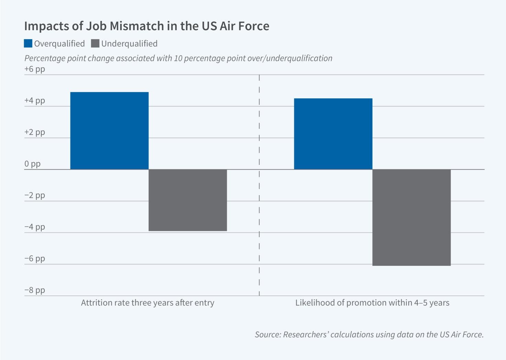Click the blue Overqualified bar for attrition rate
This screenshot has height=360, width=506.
click(x=109, y=131)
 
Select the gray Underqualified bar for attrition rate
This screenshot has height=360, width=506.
click(x=188, y=200)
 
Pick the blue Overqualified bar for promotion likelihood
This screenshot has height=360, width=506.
click(x=333, y=134)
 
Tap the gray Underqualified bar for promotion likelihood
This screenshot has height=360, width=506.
click(x=411, y=217)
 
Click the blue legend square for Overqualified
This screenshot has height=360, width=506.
click(x=28, y=44)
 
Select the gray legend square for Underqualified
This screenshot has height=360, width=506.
click(x=95, y=44)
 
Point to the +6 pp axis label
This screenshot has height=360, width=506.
click(x=35, y=69)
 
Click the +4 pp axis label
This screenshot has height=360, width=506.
click(x=35, y=101)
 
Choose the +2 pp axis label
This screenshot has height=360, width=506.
click(x=35, y=132)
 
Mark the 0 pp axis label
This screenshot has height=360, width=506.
click(x=33, y=164)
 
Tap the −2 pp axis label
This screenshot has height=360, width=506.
click(x=35, y=195)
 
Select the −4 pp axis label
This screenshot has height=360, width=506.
click(x=35, y=227)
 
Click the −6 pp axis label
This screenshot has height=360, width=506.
click(x=35, y=259)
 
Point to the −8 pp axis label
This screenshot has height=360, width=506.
click(x=35, y=290)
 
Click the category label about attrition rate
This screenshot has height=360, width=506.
click(x=147, y=303)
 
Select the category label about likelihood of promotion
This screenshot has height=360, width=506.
click(x=372, y=303)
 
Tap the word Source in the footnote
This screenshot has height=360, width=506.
click(x=267, y=335)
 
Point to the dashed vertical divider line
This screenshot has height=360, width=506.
click(x=259, y=185)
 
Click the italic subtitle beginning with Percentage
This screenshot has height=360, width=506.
click(x=178, y=58)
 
